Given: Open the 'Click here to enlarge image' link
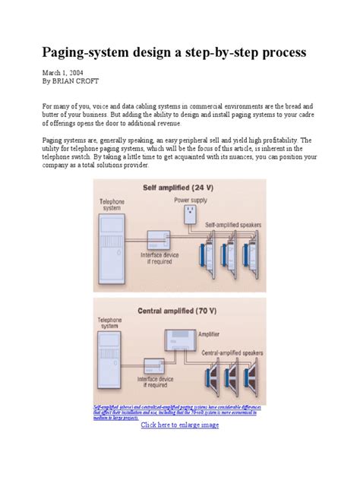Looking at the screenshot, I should pos(180,425).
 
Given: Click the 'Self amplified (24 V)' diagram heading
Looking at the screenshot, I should pos(178,187).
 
